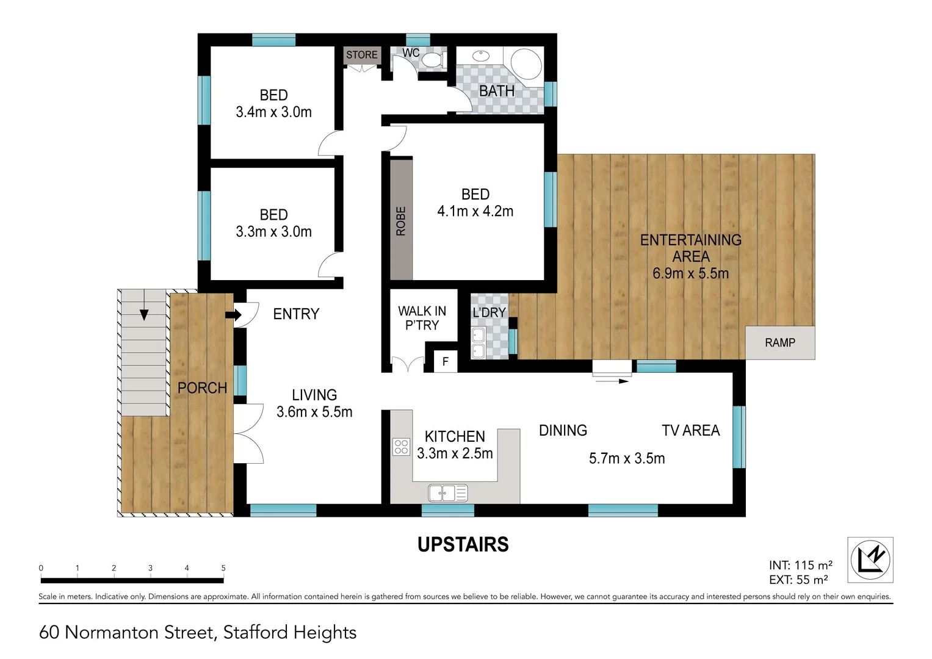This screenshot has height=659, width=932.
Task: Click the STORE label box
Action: tap(362, 55)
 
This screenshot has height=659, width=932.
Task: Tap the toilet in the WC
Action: tap(433, 60)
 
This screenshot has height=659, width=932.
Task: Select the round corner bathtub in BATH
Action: tap(526, 63)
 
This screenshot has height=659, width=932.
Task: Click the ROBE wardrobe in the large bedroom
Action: tap(401, 220)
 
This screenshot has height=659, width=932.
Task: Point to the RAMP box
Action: tap(779, 343)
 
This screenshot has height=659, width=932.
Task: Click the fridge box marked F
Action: tap(446, 362)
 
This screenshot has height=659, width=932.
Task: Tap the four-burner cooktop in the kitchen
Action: tap(401, 447)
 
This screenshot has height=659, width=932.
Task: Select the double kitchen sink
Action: tap(447, 492)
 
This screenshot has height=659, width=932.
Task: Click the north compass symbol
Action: tap(870, 560)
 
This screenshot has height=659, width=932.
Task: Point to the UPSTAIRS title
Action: tap(463, 544)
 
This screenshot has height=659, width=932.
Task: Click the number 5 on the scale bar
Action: tap(223, 568)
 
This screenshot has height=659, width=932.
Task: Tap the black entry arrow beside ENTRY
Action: tap(233, 315)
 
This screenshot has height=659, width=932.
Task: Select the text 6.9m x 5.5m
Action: tap(690, 273)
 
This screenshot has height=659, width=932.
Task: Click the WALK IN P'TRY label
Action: tap(422, 318)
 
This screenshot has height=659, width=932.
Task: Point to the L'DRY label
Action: tap(489, 312)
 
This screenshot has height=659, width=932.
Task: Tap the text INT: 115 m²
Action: tap(800, 565)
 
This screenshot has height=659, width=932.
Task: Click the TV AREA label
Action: tap(690, 431)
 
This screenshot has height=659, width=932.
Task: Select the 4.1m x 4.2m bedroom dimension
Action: tap(475, 211)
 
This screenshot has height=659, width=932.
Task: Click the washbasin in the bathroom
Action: tap(481, 56)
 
